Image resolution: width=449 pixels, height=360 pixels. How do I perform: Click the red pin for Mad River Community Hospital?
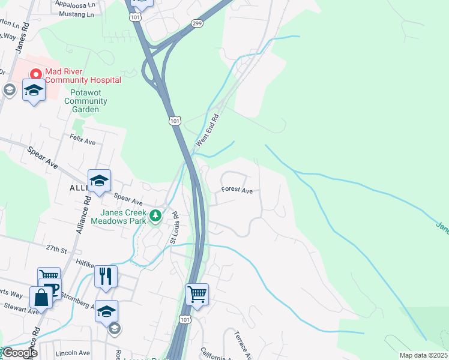(35, 75)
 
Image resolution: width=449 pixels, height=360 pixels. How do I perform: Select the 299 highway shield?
(197, 22)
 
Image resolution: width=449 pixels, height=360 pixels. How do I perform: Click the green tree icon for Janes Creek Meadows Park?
(155, 215)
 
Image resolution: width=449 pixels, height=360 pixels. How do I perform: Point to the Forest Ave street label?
(237, 190)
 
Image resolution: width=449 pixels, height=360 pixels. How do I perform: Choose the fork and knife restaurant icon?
(106, 276)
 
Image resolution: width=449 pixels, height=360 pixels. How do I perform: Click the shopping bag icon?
(41, 297)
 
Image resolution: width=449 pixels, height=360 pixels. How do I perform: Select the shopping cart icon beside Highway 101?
(197, 294)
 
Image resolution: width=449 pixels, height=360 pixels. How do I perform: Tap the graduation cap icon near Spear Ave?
(99, 179)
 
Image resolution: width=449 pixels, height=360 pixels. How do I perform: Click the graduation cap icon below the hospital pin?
(34, 91)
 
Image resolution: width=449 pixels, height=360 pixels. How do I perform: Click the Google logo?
(19, 353)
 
